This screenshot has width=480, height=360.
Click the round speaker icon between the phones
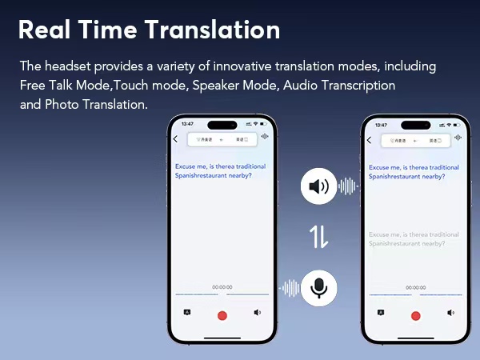[318, 187]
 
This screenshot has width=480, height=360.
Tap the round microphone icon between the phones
[318, 286]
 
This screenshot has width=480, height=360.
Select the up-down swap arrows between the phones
[318, 237]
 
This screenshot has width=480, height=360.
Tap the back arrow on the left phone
[176, 139]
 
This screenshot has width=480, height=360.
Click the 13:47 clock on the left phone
[187, 125]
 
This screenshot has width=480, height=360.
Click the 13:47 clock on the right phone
[381, 125]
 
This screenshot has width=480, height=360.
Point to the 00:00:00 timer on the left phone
[222, 286]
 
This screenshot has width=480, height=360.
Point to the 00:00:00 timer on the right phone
[415, 286]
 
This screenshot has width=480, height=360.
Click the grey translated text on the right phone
[414, 238]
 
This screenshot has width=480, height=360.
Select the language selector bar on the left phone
[222, 139]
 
